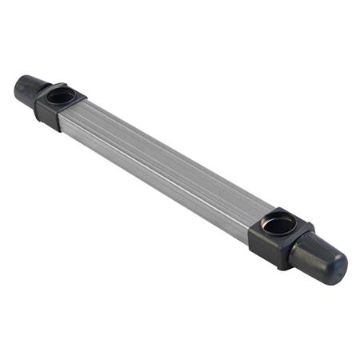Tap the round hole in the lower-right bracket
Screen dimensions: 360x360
[278, 225]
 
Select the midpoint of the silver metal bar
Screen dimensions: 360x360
[168, 168]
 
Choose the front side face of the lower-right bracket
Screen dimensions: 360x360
[268, 248]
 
